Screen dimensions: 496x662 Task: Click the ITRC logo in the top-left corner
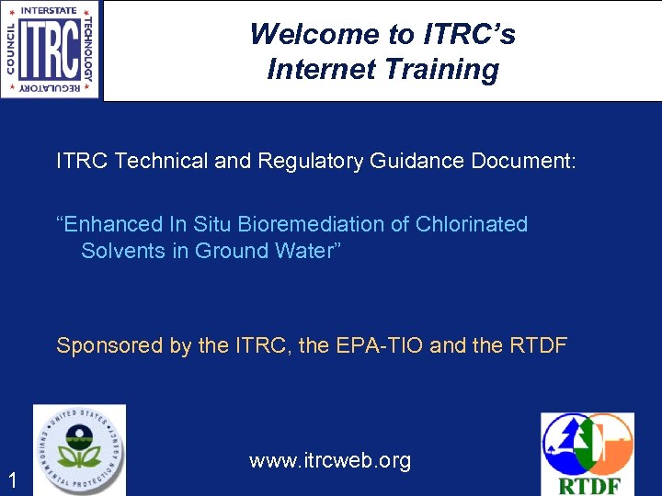click(51, 50)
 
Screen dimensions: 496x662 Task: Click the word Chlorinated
click(472, 224)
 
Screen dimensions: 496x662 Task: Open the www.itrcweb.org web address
click(330, 461)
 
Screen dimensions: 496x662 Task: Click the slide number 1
click(12, 479)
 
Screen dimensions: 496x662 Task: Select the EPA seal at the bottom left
click(79, 449)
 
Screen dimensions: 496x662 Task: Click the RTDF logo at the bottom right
click(587, 453)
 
